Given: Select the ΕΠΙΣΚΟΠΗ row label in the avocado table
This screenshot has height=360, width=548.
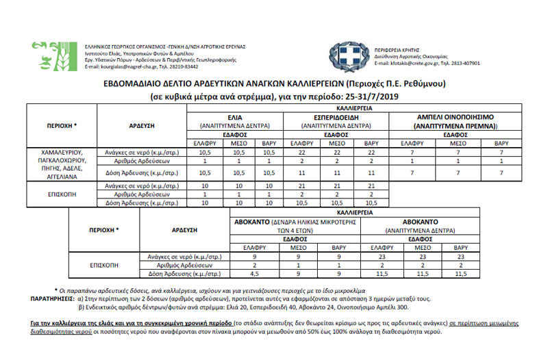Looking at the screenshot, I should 103,265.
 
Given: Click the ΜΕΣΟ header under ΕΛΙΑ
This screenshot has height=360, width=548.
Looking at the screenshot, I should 235,142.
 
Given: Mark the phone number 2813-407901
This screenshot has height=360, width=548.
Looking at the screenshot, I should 463,63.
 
